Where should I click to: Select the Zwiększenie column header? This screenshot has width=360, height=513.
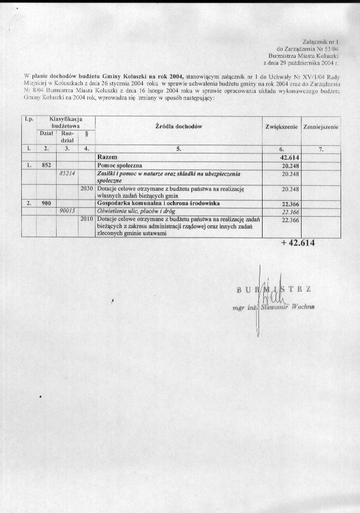click(x=280, y=127)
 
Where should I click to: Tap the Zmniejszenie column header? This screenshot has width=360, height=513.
click(x=319, y=127)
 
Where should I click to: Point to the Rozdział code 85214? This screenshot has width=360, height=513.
click(x=68, y=175)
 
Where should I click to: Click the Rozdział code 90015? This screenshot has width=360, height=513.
click(x=68, y=210)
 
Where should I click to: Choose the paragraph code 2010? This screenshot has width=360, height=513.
click(x=86, y=218)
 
